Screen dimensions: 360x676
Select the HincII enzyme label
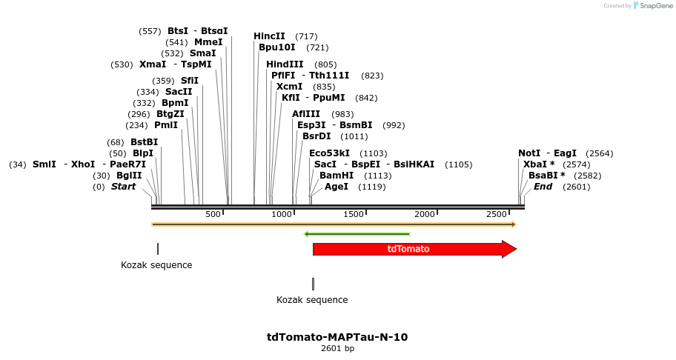[269, 36]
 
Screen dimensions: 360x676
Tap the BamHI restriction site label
[336, 176]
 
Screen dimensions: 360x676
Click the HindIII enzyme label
[285, 64]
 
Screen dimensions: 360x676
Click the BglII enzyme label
[129, 176]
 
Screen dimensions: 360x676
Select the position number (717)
[306, 36]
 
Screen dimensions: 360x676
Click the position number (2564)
[599, 153]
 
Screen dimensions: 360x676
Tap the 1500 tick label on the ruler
[354, 214]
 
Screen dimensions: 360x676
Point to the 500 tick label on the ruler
[213, 214]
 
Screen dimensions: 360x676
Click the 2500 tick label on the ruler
[496, 214]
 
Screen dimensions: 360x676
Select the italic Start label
[123, 187]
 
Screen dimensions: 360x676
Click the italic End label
[543, 187]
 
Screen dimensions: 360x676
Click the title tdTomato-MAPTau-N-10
[337, 337]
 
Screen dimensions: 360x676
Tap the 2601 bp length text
[337, 348]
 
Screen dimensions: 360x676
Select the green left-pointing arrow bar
[357, 234]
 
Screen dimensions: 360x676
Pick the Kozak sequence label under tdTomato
[312, 300]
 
